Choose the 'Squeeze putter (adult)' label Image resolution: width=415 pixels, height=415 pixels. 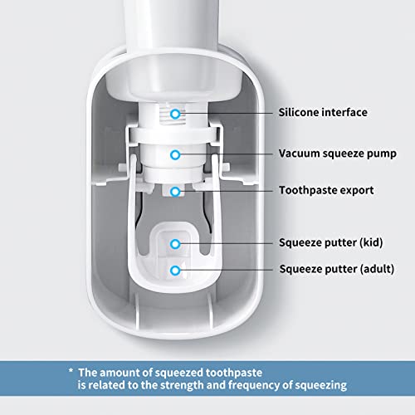[x=336, y=269]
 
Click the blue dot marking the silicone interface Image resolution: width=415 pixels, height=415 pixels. [x=175, y=111]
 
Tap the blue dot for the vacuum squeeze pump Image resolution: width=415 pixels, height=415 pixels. [x=175, y=154]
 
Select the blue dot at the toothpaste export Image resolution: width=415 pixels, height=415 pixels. [x=175, y=191]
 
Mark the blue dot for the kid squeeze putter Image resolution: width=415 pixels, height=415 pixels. [x=175, y=243]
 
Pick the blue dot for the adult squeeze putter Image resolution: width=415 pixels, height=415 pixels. [x=175, y=270]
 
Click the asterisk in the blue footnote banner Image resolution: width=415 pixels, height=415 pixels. [x=72, y=373]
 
